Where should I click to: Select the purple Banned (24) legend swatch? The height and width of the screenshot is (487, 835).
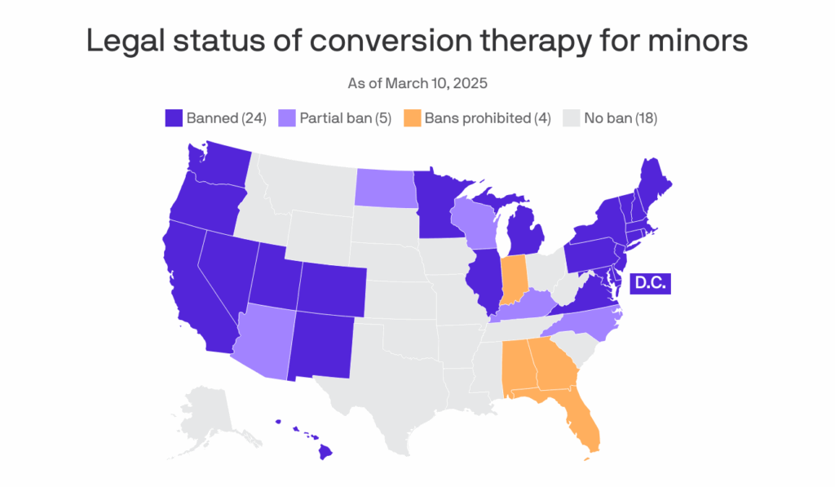[x=173, y=118]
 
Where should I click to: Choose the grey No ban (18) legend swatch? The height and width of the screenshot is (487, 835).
[x=570, y=118]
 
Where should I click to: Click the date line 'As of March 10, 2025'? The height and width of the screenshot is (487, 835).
[x=417, y=83]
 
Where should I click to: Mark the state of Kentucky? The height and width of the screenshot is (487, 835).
[x=526, y=308]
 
